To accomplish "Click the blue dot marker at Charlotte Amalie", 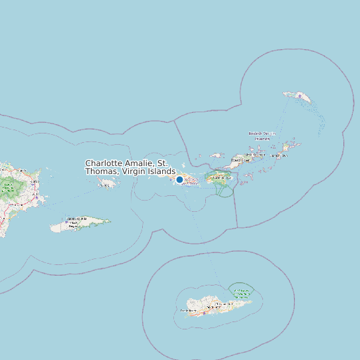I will [x=179, y=179].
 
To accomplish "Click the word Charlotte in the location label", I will [x=106, y=163].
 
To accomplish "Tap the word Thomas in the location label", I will [x=102, y=171].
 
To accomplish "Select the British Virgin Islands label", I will [x=260, y=136].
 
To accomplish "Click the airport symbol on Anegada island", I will [x=300, y=96].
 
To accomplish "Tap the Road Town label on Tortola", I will [x=240, y=159].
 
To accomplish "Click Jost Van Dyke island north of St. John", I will [x=217, y=155].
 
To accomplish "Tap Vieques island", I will [x=80, y=225].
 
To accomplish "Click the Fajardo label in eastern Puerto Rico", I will [x=33, y=181].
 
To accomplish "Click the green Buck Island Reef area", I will [x=241, y=290].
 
